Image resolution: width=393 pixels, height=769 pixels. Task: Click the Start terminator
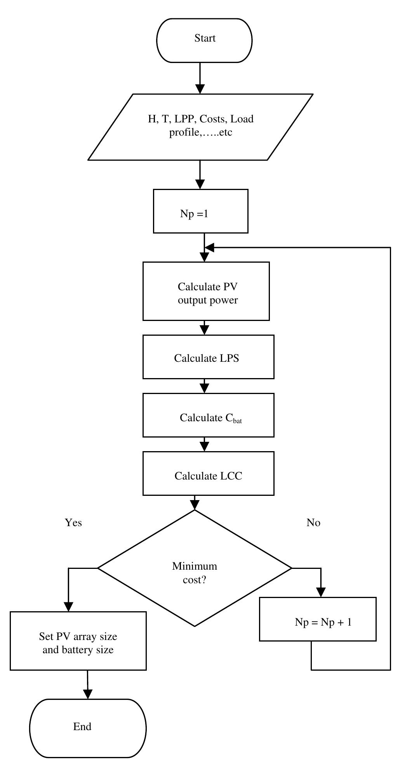(204, 40)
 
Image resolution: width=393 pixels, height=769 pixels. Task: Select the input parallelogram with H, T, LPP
(200, 126)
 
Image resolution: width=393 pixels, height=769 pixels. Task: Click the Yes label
(73, 523)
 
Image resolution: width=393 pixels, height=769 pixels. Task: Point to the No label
(313, 523)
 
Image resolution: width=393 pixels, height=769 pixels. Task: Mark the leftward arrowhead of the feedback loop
(209, 247)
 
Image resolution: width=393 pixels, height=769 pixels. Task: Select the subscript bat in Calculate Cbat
(237, 421)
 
